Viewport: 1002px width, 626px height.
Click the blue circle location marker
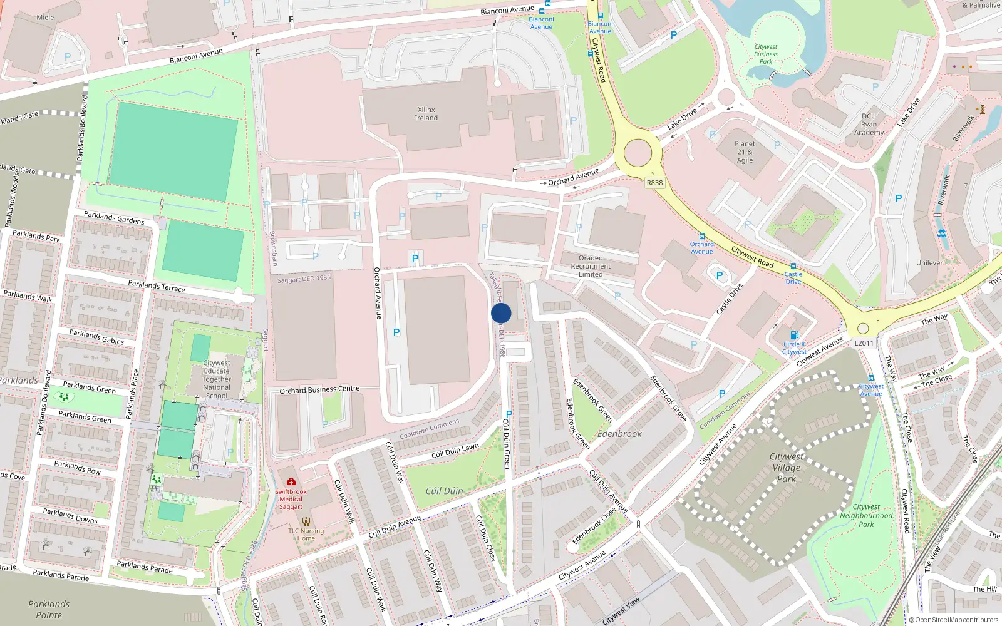click(x=501, y=313)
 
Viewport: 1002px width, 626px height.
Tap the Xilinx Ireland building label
click(x=426, y=114)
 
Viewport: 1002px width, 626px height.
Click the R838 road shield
click(x=654, y=183)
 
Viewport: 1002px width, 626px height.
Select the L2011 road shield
click(x=864, y=343)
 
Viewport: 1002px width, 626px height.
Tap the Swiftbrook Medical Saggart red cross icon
click(x=291, y=481)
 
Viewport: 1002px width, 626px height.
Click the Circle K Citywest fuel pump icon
click(x=794, y=335)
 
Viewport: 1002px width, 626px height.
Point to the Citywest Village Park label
click(x=786, y=468)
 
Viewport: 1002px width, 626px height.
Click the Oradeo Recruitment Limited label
click(x=591, y=266)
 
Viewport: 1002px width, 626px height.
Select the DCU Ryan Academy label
click(x=869, y=124)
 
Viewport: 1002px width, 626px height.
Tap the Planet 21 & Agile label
click(x=745, y=151)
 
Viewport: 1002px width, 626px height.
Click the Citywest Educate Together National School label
click(x=217, y=379)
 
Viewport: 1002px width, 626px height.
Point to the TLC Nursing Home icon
click(x=306, y=521)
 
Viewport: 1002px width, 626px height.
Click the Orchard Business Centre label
click(x=319, y=389)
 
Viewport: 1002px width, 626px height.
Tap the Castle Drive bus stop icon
click(x=793, y=266)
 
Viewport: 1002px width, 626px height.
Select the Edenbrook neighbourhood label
click(x=619, y=433)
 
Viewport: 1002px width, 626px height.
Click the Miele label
click(x=45, y=18)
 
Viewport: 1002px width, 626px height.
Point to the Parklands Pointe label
click(x=49, y=609)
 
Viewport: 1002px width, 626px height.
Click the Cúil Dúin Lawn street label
click(x=455, y=451)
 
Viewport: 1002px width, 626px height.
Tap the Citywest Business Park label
click(x=766, y=54)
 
